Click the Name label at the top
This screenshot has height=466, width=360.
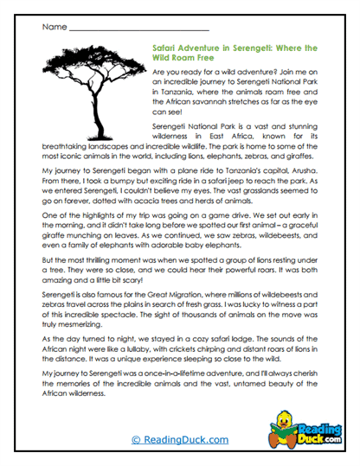[x=54, y=27]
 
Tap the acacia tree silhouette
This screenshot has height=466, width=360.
[x=91, y=86]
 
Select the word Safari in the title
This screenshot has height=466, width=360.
[x=166, y=49]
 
